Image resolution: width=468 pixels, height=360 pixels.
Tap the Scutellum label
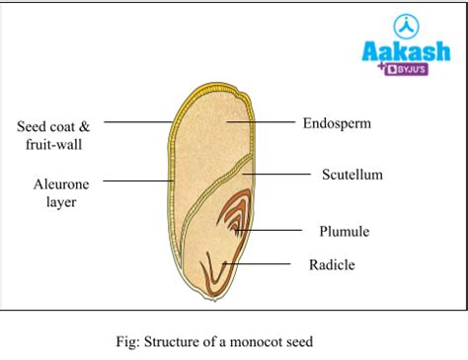351,175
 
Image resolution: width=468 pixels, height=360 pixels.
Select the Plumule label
344,232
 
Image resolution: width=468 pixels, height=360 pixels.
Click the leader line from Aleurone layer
138,180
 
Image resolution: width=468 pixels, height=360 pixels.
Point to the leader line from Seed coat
138,122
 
